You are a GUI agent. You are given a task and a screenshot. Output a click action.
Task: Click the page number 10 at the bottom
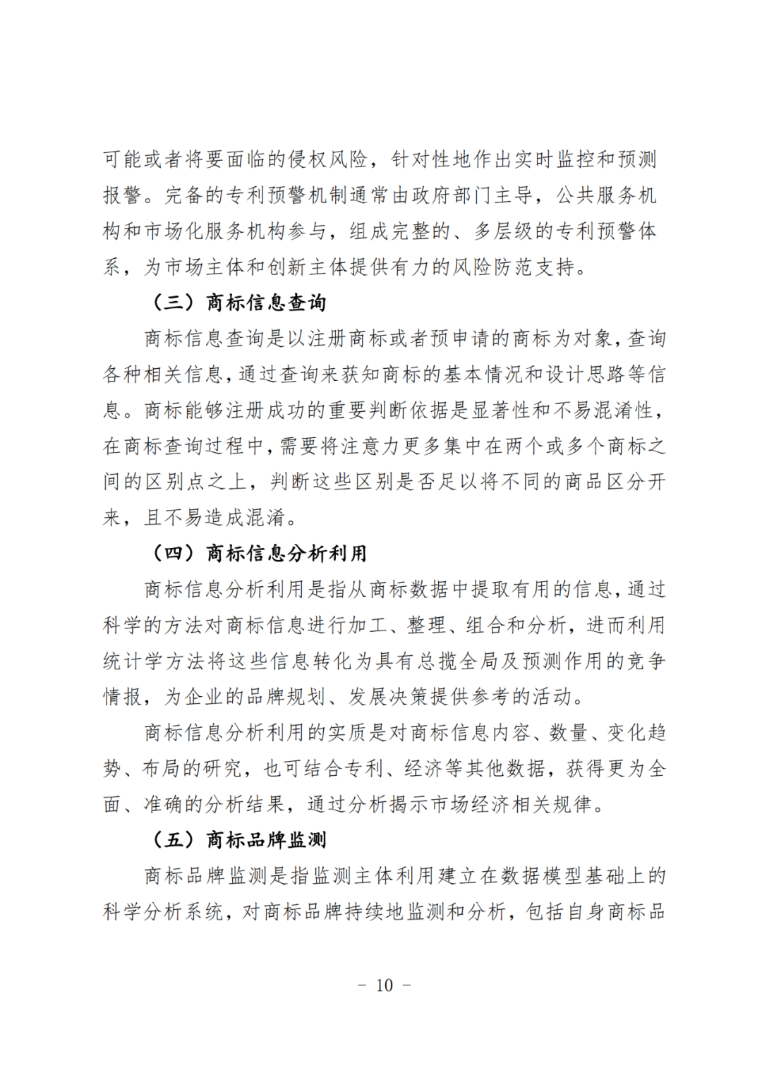(385, 985)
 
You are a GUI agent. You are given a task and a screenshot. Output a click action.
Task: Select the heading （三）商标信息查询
(238, 303)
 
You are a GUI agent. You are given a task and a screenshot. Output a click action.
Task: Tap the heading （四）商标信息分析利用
(259, 553)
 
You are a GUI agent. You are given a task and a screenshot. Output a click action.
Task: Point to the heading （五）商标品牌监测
(238, 839)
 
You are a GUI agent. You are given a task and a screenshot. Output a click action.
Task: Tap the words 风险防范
(492, 267)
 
